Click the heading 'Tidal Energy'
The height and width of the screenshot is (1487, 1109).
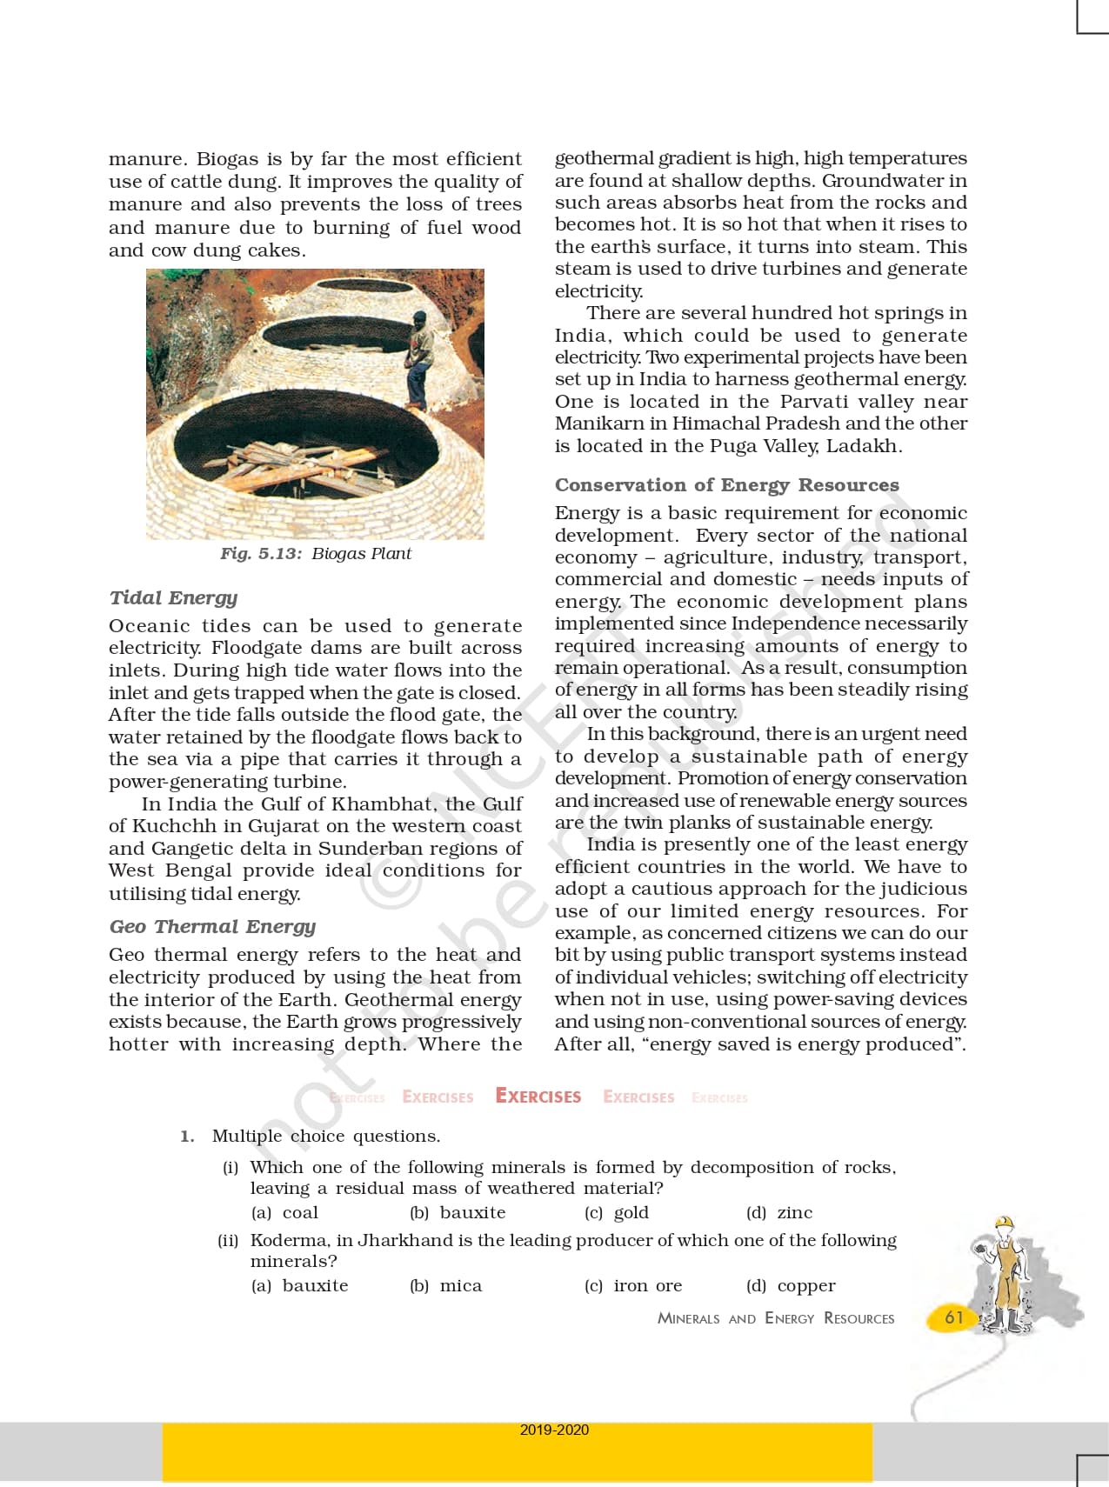pyautogui.click(x=173, y=597)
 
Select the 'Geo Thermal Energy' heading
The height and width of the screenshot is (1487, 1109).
pyautogui.click(x=212, y=926)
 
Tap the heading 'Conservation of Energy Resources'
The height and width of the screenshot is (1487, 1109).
pyautogui.click(x=726, y=484)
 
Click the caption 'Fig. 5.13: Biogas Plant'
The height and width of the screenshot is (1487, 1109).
pyautogui.click(x=315, y=554)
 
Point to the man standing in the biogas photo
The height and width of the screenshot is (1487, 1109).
pyautogui.click(x=419, y=359)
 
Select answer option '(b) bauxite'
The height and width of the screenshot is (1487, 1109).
pyautogui.click(x=458, y=1212)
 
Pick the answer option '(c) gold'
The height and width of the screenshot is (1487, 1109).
pyautogui.click(x=617, y=1212)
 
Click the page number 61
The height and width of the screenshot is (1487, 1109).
pyautogui.click(x=954, y=1317)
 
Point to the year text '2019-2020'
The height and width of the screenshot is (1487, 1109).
pyautogui.click(x=554, y=1430)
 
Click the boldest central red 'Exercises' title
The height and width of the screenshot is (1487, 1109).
pyautogui.click(x=538, y=1097)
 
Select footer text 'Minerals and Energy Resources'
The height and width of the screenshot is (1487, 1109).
pyautogui.click(x=775, y=1318)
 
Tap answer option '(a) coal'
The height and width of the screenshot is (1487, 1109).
pyautogui.click(x=284, y=1212)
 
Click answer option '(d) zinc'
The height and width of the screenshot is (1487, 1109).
pyautogui.click(x=779, y=1212)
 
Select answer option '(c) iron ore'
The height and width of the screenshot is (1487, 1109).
pyautogui.click(x=633, y=1285)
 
